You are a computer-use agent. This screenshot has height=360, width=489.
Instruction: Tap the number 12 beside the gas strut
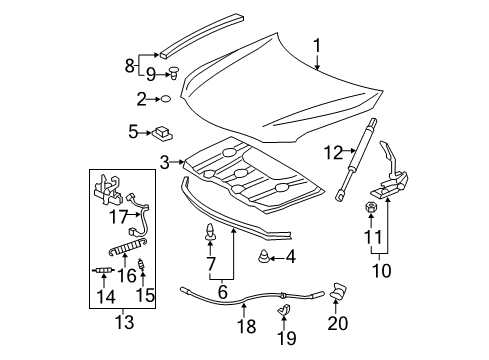pyautogui.click(x=333, y=152)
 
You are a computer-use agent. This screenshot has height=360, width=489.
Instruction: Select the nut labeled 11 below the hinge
pyautogui.click(x=371, y=208)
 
